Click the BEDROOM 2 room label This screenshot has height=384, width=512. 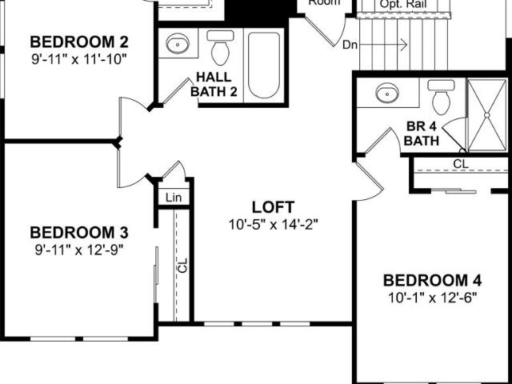79,42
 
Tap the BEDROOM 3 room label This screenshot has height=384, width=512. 79,233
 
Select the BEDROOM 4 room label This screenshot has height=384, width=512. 432,281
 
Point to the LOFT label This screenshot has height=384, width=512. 273,207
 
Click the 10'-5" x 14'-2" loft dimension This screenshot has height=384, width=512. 273,225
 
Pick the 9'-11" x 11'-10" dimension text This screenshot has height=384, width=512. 79,59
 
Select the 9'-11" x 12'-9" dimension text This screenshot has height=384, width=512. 79,250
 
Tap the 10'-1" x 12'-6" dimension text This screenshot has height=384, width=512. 432,298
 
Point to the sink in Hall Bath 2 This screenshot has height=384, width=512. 178,43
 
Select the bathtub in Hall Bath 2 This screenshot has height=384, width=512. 264,66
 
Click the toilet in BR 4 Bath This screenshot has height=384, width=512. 441,97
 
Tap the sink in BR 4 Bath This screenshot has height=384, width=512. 387,93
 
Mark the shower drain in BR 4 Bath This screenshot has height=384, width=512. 486,115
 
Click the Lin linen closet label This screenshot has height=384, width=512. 174,198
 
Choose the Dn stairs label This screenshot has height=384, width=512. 350,45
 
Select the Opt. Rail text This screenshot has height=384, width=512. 403,5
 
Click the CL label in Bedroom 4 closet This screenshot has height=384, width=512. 461,163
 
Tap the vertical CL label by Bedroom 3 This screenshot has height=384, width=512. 183,265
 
